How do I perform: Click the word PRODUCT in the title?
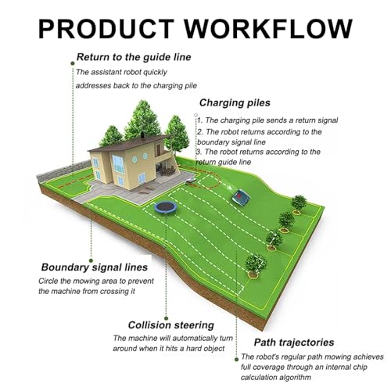pyautogui.click(x=106, y=29)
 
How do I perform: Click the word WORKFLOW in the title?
pyautogui.click(x=268, y=29)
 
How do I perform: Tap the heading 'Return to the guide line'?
pyautogui.click(x=134, y=57)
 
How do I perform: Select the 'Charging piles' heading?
pyautogui.click(x=235, y=102)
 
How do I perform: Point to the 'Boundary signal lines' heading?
pyautogui.click(x=95, y=267)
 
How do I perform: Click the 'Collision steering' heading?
pyautogui.click(x=171, y=325)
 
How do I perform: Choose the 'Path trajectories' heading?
pyautogui.click(x=294, y=343)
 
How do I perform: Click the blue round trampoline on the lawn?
pyautogui.click(x=166, y=208)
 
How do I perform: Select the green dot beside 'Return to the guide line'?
pyautogui.click(x=73, y=63)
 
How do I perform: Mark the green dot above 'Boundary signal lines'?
pyautogui.click(x=91, y=260)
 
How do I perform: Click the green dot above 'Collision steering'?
pyautogui.click(x=167, y=318)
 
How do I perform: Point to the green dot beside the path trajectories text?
pyautogui.click(x=236, y=360)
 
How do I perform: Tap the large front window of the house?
pyautogui.click(x=118, y=164)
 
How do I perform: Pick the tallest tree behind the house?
pyautogui.click(x=142, y=120)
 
